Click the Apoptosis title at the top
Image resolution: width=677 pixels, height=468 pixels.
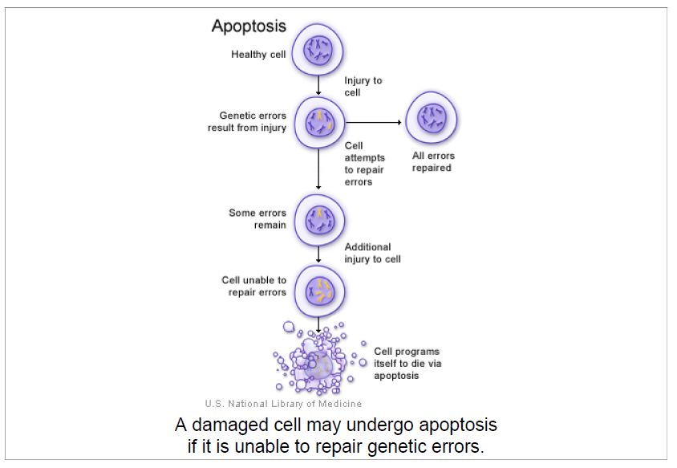tap(248, 26)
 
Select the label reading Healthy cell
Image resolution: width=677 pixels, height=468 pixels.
tap(258, 55)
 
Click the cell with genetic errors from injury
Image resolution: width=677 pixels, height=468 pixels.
tap(319, 123)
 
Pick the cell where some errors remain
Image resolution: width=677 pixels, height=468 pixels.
tap(319, 219)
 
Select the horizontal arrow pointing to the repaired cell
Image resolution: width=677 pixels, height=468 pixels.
tap(372, 123)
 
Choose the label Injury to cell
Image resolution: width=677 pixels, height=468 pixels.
tap(363, 87)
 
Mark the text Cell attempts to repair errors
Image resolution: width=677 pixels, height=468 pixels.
tap(364, 164)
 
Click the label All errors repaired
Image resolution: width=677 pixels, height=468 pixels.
tap(433, 161)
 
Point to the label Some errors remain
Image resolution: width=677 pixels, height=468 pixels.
tap(257, 219)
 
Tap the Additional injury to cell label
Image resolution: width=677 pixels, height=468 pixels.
tap(372, 253)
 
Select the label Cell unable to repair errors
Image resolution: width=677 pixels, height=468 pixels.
tap(254, 287)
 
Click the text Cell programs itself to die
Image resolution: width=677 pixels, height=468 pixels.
tap(407, 364)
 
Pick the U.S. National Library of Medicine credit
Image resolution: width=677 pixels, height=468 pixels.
tap(282, 404)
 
